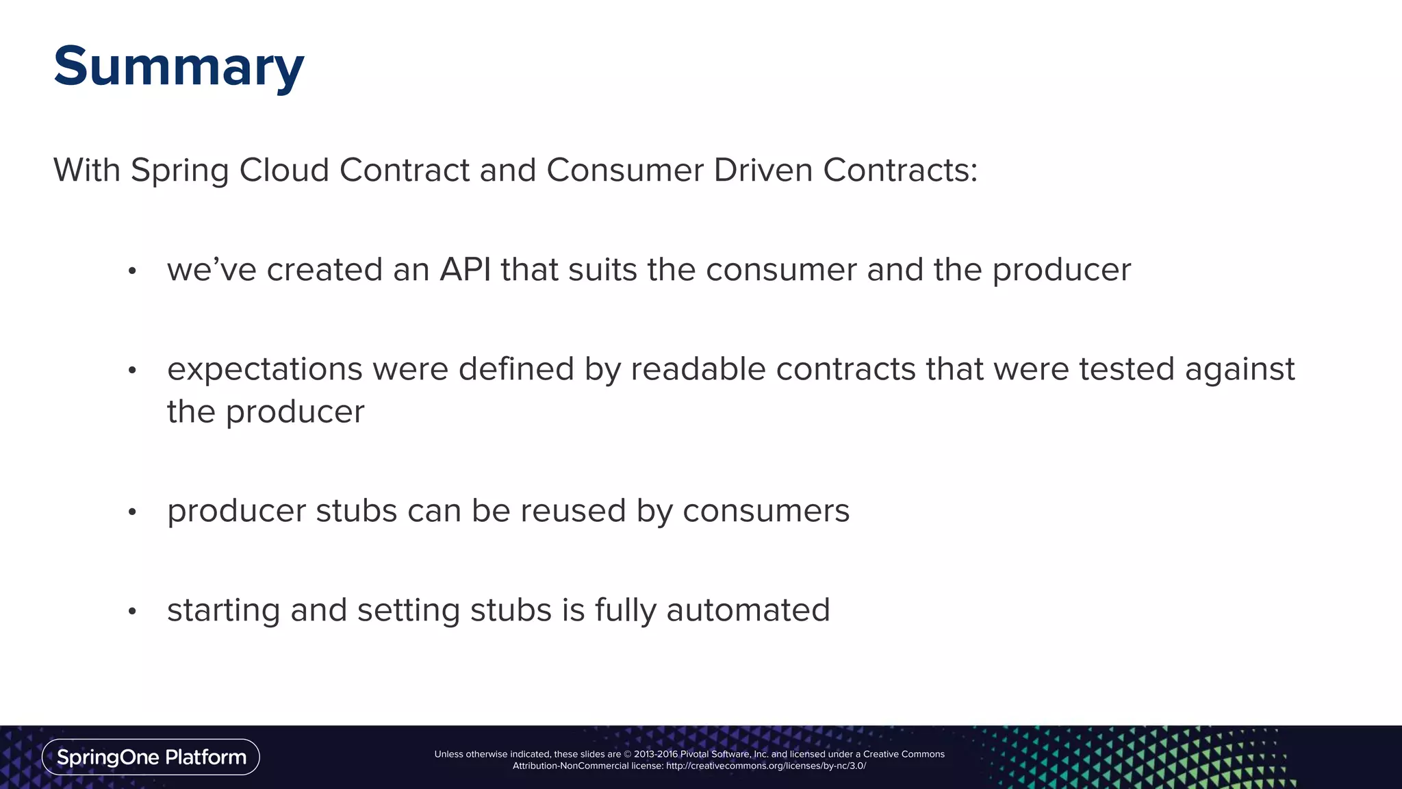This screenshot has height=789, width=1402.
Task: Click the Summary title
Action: click(179, 67)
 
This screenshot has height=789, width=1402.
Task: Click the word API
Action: click(465, 269)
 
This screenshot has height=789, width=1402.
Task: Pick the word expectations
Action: click(265, 370)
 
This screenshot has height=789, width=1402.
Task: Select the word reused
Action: click(573, 511)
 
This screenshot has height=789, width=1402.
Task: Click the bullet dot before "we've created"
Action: click(133, 272)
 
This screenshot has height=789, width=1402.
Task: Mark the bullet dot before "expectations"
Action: click(133, 371)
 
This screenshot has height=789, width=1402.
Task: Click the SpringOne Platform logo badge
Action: click(151, 757)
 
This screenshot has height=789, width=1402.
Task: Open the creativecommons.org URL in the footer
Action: click(765, 766)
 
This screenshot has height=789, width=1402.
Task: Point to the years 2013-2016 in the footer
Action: click(656, 754)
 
